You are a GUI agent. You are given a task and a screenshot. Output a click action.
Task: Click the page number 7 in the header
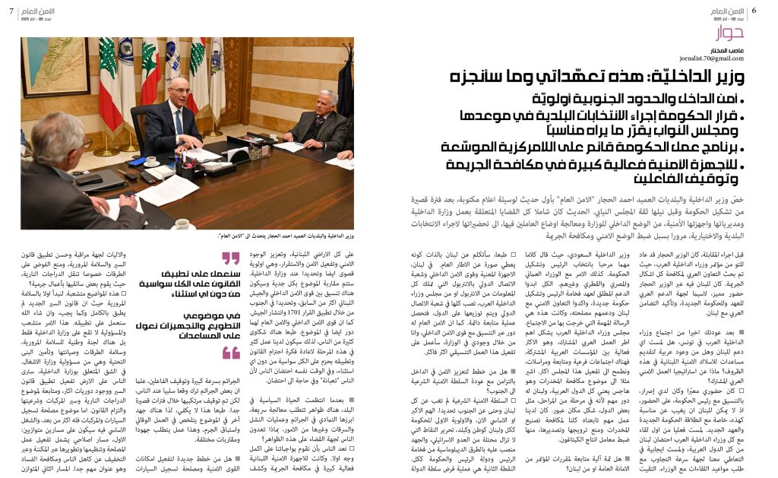coord(11,11)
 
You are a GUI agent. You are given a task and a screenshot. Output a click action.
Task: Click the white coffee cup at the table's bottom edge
coord(182,223)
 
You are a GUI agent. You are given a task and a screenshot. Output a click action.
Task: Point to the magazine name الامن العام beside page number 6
coord(729,11)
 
